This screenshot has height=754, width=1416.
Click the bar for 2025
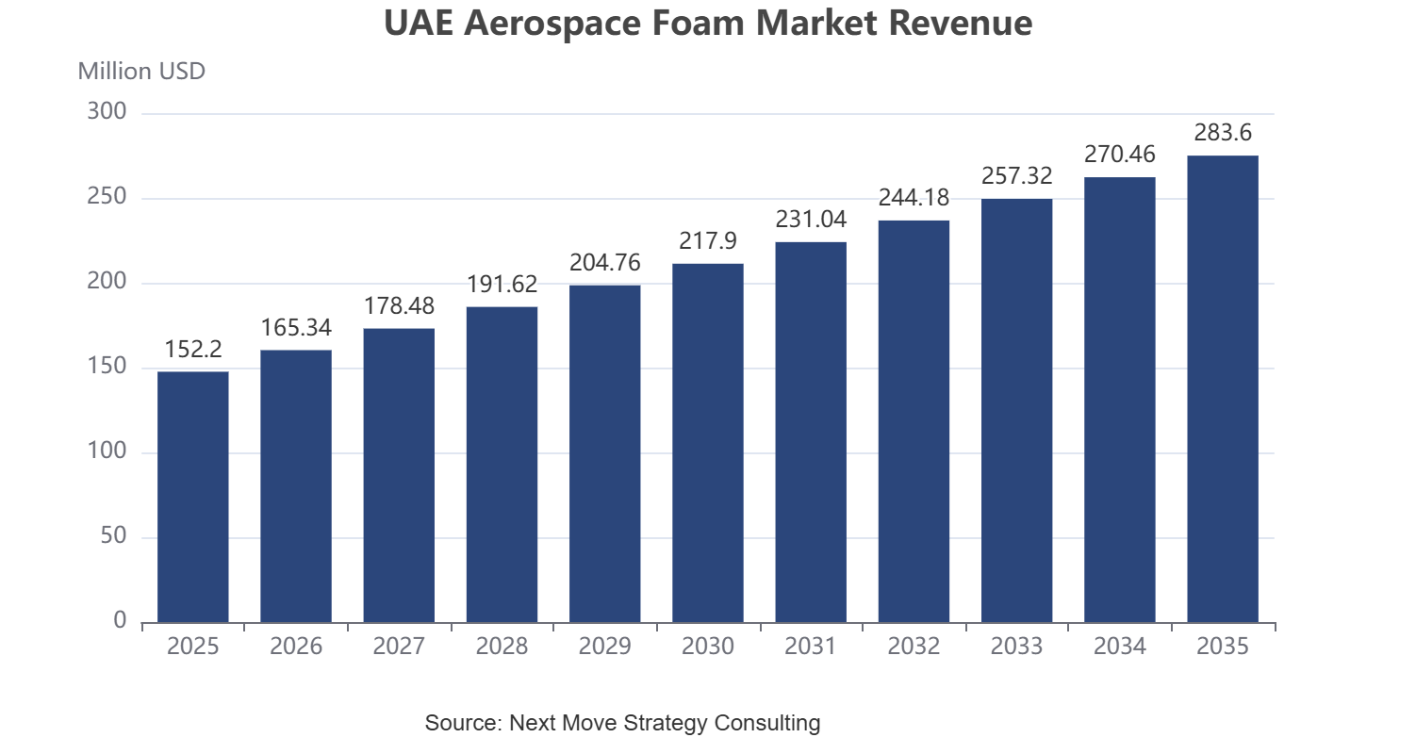click(193, 497)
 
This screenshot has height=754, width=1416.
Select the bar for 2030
click(708, 443)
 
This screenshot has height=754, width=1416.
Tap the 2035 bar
click(1223, 388)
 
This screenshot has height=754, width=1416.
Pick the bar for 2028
click(502, 465)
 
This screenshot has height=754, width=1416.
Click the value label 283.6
click(1223, 133)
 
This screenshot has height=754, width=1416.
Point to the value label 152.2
click(193, 349)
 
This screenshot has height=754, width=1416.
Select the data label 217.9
click(708, 240)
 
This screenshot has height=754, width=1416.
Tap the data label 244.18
click(914, 198)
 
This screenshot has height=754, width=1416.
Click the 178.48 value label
click(399, 306)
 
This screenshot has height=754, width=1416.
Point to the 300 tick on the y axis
click(107, 111)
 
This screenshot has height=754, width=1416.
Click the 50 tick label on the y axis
click(114, 535)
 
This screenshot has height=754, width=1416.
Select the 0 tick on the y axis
click(120, 620)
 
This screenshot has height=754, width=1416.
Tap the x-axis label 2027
click(399, 646)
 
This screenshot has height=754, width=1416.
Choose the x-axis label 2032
click(914, 646)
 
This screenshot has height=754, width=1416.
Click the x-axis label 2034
click(1120, 646)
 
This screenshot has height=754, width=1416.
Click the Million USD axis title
click(141, 71)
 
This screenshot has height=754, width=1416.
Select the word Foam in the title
click(699, 23)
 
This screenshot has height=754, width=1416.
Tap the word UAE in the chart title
click(420, 23)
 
